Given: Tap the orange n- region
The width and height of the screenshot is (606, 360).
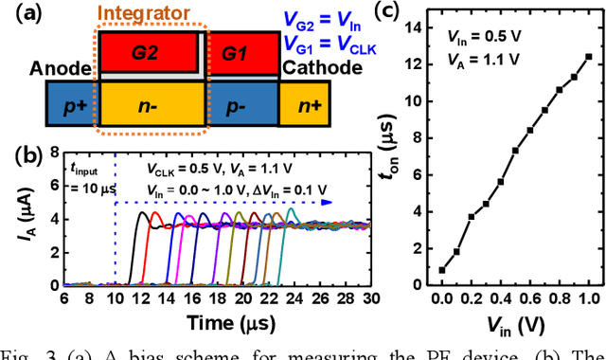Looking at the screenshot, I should pyautogui.click(x=151, y=105).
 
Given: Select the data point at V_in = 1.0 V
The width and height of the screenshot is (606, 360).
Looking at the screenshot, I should pyautogui.click(x=588, y=56).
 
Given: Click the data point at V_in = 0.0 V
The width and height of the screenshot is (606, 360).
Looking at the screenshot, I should pyautogui.click(x=442, y=270).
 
